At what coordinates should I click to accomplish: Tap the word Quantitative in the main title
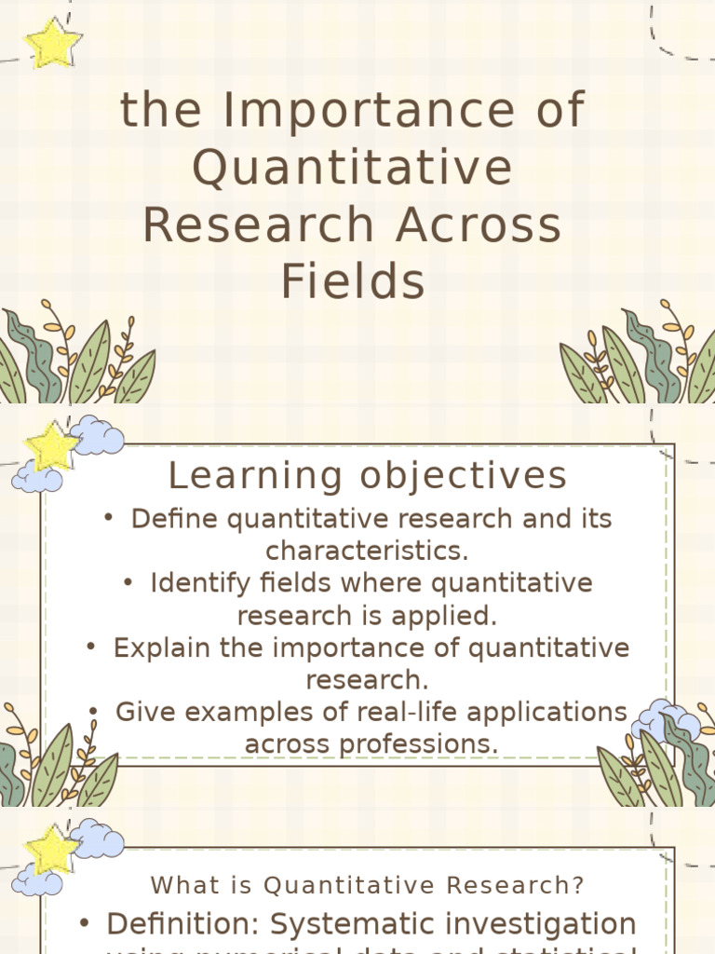coord(353,169)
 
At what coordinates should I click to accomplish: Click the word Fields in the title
coord(353,281)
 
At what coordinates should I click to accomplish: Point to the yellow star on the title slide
coord(53,44)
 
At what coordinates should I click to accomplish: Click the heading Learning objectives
coord(368,476)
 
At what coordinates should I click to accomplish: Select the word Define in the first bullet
coord(167,519)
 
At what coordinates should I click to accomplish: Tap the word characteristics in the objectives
coord(367,551)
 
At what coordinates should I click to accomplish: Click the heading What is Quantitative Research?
coord(368,884)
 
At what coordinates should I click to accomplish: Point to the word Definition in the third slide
coord(183,924)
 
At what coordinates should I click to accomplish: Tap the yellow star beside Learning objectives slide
coord(52,446)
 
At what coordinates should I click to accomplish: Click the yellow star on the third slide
coord(52,850)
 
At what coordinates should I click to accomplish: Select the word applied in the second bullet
coord(447,616)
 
